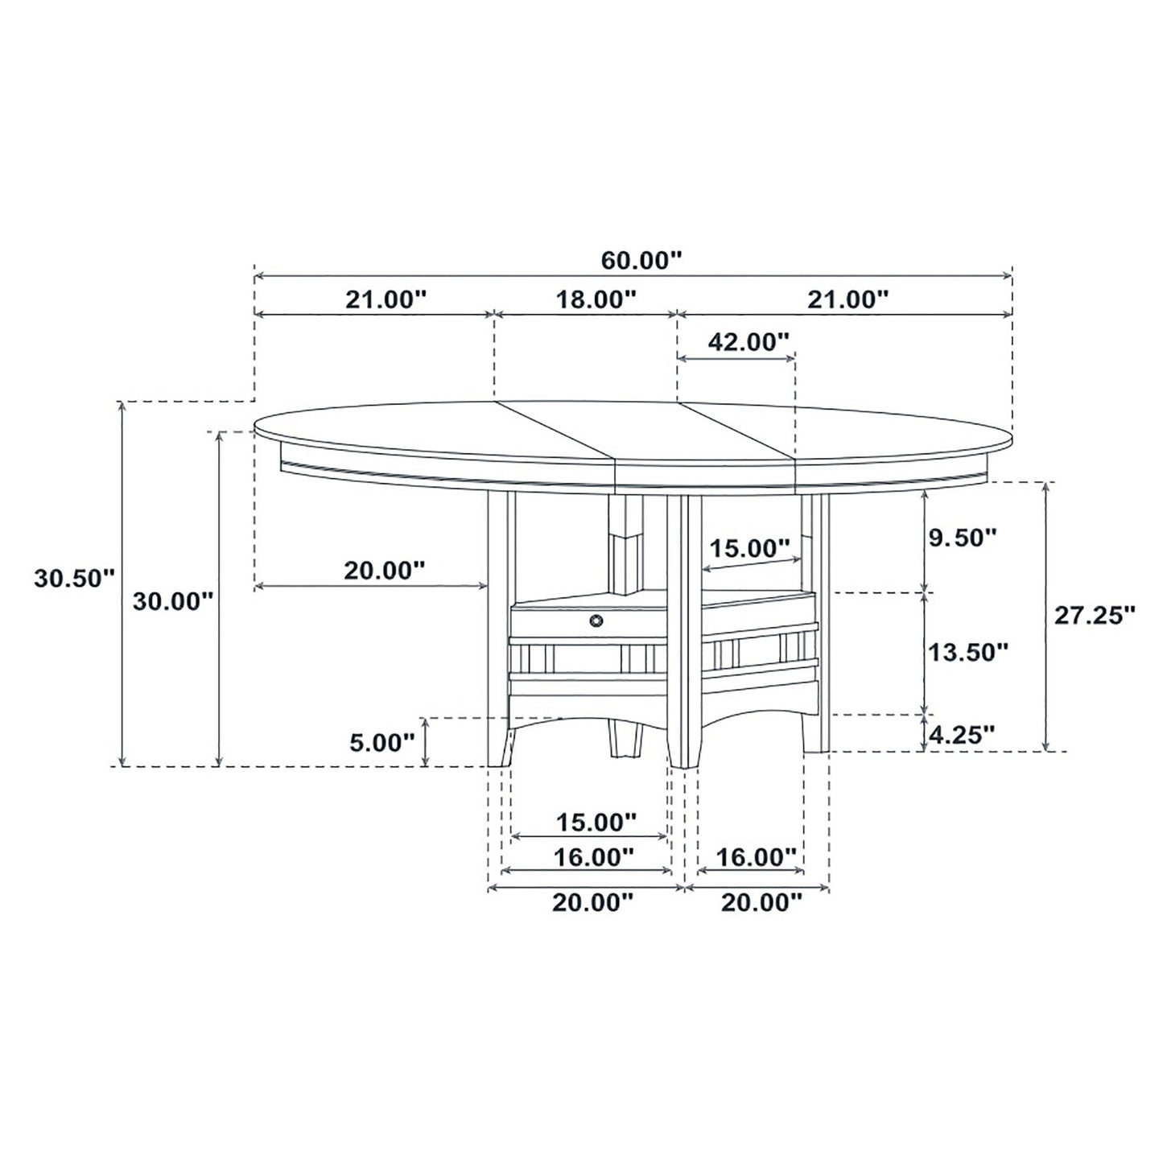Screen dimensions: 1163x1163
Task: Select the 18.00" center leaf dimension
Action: click(596, 299)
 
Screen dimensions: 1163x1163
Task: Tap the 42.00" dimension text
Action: click(748, 341)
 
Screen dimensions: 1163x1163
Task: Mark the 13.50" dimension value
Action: click(968, 651)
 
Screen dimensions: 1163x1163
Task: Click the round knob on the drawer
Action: click(596, 621)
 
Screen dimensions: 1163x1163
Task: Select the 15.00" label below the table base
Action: click(596, 822)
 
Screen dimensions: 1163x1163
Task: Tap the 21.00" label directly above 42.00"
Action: click(848, 299)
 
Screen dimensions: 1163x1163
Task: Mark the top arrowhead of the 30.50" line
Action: click(122, 407)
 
